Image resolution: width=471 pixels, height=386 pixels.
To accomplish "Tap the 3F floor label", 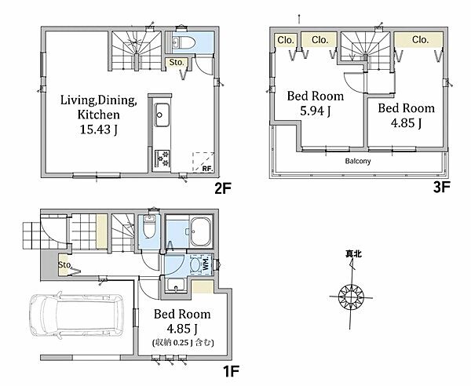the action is click(x=441, y=188).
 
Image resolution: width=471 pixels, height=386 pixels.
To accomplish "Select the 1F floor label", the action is click(x=231, y=372).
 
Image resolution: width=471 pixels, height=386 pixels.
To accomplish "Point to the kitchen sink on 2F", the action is click(x=162, y=115).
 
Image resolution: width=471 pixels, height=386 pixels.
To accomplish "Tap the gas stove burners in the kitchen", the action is click(x=162, y=159).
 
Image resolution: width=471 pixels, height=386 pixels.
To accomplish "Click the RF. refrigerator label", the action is click(x=207, y=169).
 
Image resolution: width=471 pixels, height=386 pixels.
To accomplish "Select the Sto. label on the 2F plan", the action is click(x=176, y=63).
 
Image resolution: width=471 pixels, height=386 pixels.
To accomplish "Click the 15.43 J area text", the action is click(x=99, y=129).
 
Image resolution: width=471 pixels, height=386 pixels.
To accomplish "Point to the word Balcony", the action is click(x=358, y=161).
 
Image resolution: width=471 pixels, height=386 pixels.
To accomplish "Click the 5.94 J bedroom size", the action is click(x=316, y=111).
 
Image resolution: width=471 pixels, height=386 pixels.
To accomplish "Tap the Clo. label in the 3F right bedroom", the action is click(x=420, y=40).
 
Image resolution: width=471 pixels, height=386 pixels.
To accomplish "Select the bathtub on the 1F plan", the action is click(x=201, y=231).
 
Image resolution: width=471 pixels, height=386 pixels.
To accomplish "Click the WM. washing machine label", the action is click(x=206, y=264).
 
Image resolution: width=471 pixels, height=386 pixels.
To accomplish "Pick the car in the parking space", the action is click(x=76, y=315).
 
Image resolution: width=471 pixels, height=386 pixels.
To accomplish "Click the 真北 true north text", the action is click(x=353, y=254).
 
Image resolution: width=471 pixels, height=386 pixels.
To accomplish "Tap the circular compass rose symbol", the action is click(x=351, y=297).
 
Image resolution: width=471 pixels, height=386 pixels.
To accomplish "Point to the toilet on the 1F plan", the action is click(x=149, y=228).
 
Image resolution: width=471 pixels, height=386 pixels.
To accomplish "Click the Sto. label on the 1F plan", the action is click(x=64, y=265).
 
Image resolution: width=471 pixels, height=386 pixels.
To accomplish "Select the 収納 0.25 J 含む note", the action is click(x=183, y=342).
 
